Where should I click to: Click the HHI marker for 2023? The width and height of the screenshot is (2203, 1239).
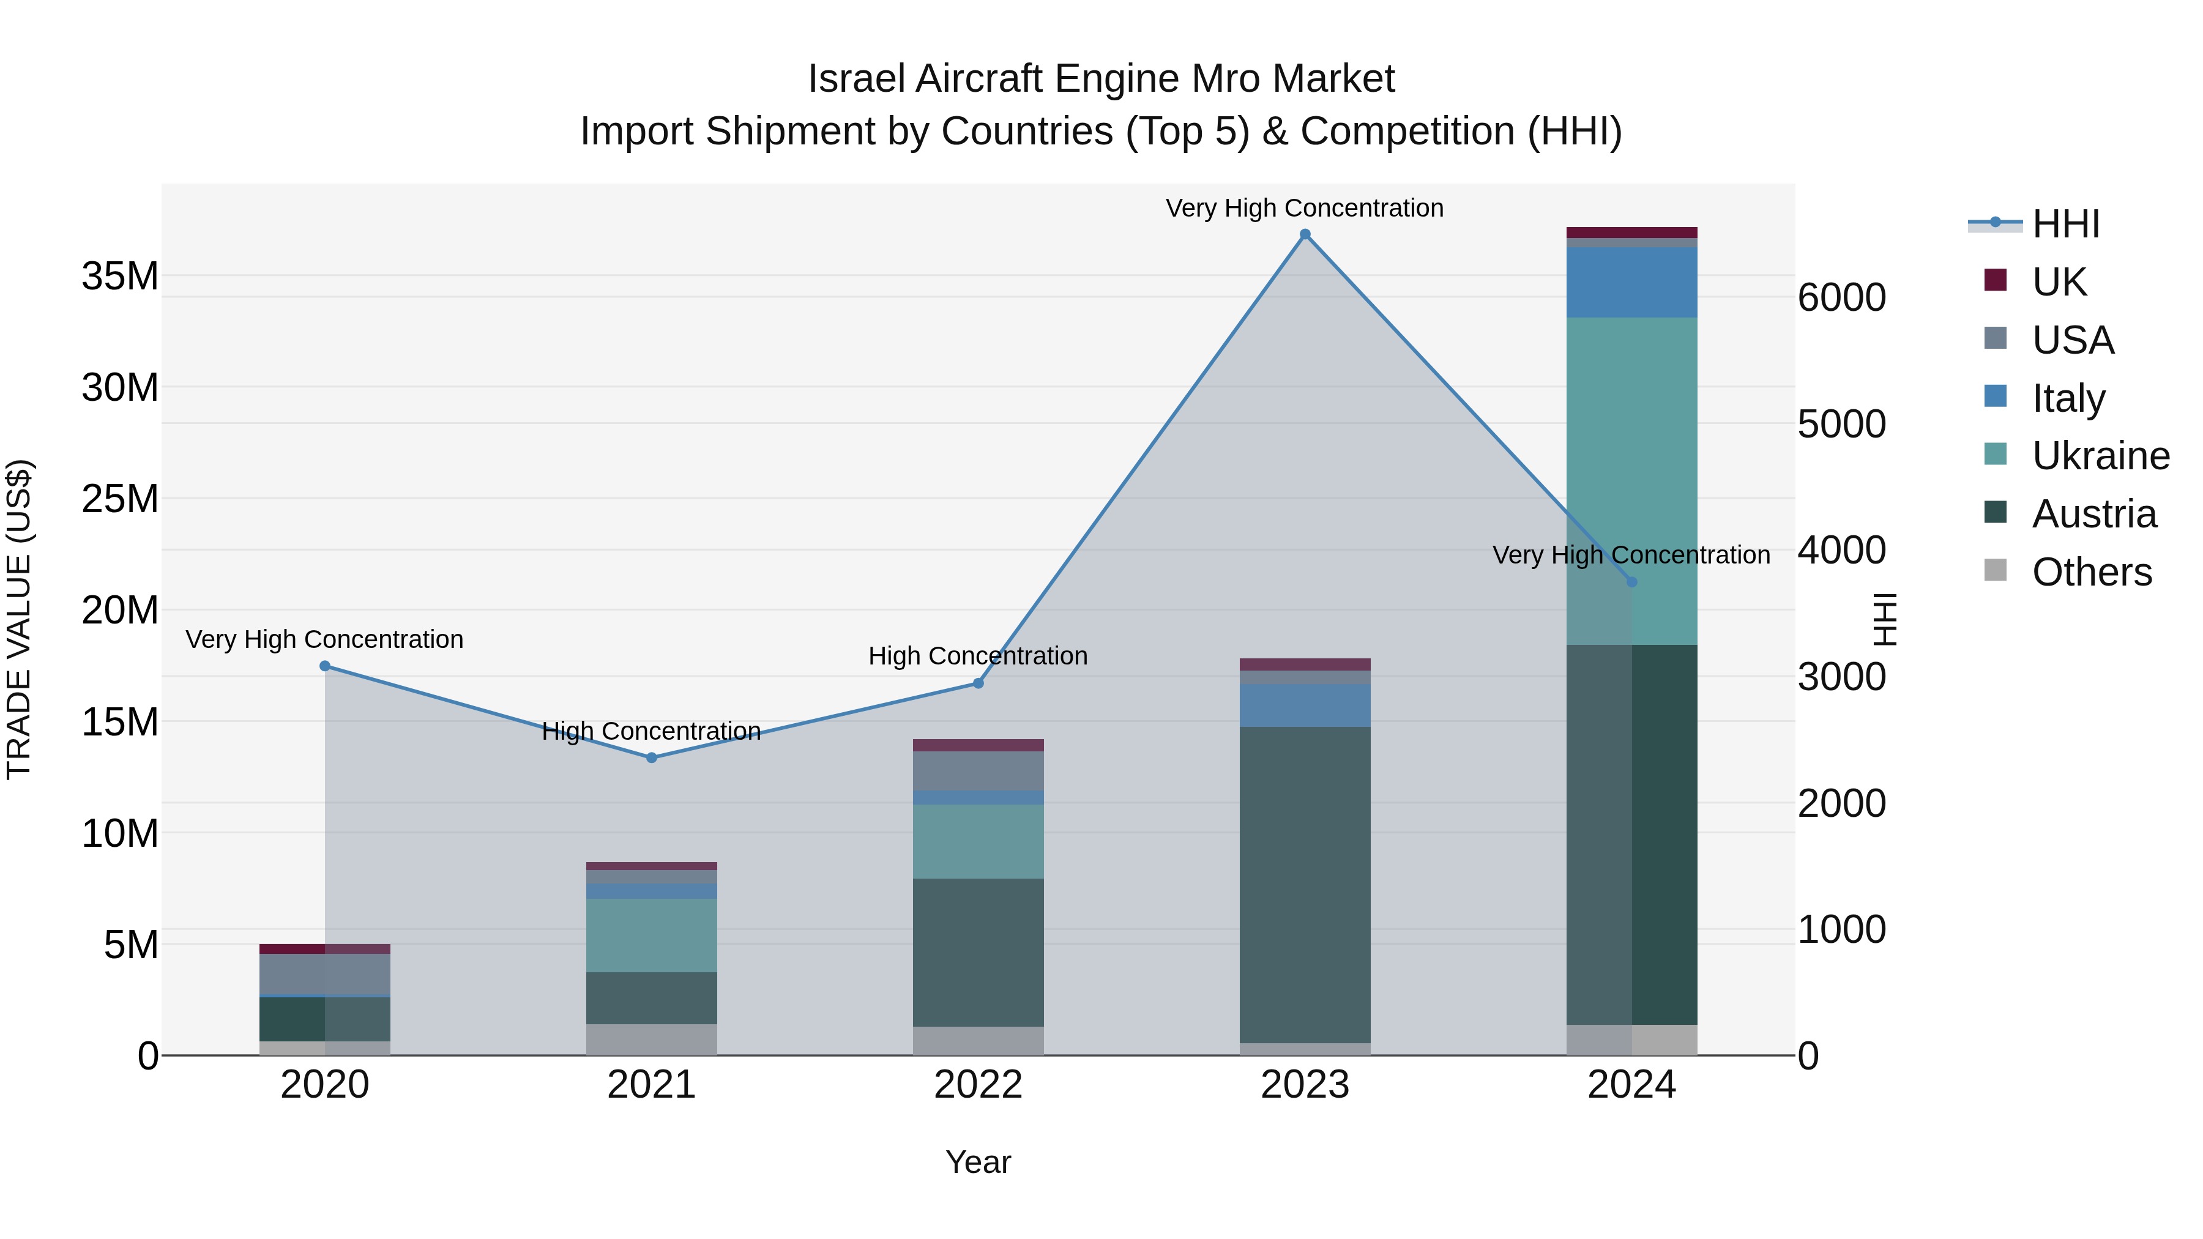pos(1305,234)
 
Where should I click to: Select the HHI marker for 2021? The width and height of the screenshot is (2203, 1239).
pos(652,757)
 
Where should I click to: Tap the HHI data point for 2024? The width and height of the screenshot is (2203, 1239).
pos(1631,582)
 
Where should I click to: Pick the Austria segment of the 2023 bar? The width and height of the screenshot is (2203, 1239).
pos(1305,885)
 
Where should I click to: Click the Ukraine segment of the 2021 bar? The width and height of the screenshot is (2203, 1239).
pos(652,936)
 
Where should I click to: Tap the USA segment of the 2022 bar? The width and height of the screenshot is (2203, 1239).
pos(978,772)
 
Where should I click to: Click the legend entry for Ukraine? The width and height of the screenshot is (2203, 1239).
pos(2100,456)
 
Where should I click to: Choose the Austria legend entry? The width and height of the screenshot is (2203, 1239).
pos(2093,514)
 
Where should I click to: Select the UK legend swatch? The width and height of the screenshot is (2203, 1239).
pos(1995,280)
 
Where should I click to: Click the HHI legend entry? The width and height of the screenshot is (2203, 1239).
pos(2065,224)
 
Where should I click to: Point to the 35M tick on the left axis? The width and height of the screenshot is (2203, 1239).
pos(120,276)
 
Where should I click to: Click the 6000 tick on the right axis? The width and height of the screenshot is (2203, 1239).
pos(1841,297)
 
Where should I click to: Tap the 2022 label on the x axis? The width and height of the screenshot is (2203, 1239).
pos(978,1085)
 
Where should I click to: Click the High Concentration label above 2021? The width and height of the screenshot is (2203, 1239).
pos(652,731)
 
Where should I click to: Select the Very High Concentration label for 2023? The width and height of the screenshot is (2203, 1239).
pos(1305,208)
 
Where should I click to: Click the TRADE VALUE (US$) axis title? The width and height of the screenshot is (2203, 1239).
pos(19,619)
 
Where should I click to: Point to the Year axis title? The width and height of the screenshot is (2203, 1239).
pos(978,1162)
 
